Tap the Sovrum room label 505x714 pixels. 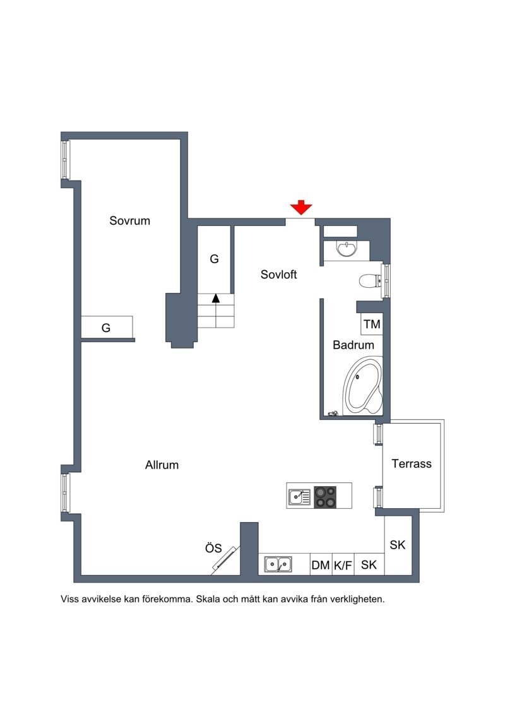(129, 220)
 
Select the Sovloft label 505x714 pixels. (278, 275)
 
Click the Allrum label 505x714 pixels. (162, 465)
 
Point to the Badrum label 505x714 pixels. (353, 345)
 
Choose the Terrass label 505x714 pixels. (412, 463)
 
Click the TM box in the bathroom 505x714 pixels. (372, 324)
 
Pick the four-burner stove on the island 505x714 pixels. (325, 497)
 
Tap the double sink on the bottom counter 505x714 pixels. (278, 564)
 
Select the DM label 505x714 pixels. (321, 565)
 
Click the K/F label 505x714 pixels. (343, 565)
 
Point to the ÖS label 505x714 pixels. (213, 548)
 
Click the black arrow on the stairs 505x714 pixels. (216, 298)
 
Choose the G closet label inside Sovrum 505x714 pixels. (106, 328)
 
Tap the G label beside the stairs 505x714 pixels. (214, 259)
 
